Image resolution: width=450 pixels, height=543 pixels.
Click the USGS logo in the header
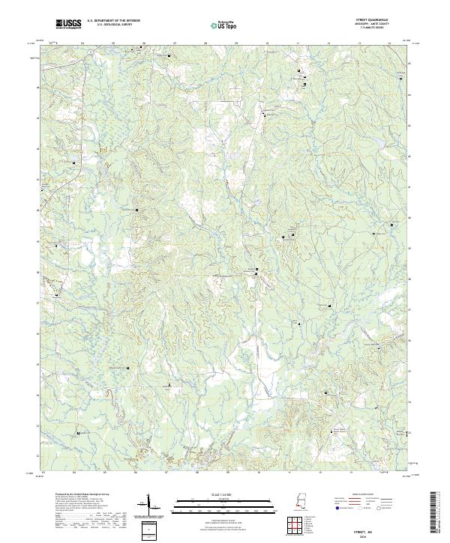pyautogui.click(x=68, y=25)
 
